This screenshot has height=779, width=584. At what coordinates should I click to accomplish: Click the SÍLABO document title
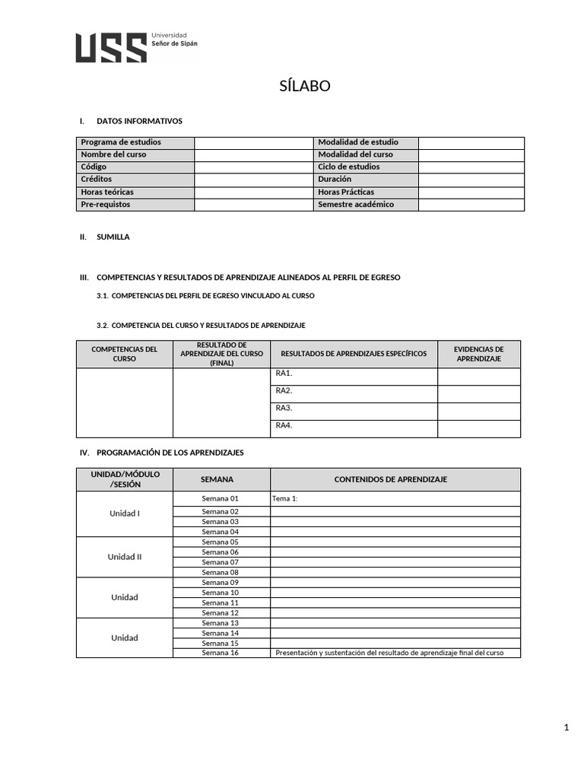coord(304,86)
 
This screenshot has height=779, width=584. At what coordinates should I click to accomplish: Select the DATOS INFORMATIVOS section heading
coord(139,121)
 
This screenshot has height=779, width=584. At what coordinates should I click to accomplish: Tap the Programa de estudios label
coord(121,142)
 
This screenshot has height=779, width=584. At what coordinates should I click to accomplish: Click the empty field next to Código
coord(253,167)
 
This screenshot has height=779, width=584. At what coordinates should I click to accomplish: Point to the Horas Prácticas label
coord(346,192)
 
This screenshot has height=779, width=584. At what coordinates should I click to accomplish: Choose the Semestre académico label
coord(356,205)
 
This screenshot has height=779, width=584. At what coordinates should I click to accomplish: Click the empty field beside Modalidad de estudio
coord(471,142)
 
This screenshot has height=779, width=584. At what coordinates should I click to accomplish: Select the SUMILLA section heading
coord(113,237)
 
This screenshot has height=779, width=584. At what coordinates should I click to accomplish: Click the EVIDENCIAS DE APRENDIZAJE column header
coord(478,354)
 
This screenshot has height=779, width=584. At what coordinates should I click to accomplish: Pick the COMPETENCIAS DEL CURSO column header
coord(124,354)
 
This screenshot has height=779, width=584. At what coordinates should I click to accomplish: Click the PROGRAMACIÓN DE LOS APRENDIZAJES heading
coord(170,453)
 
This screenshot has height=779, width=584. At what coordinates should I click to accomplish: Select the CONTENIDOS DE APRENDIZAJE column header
coord(391,479)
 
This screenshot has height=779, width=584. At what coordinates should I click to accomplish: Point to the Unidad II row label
coord(125,557)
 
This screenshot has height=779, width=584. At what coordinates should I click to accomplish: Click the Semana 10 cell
coord(220,593)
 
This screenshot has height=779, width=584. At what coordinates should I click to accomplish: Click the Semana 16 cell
coord(220,653)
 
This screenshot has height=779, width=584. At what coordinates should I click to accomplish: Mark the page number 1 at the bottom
coord(567,728)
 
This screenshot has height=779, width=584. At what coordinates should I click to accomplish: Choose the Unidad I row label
coord(125,514)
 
